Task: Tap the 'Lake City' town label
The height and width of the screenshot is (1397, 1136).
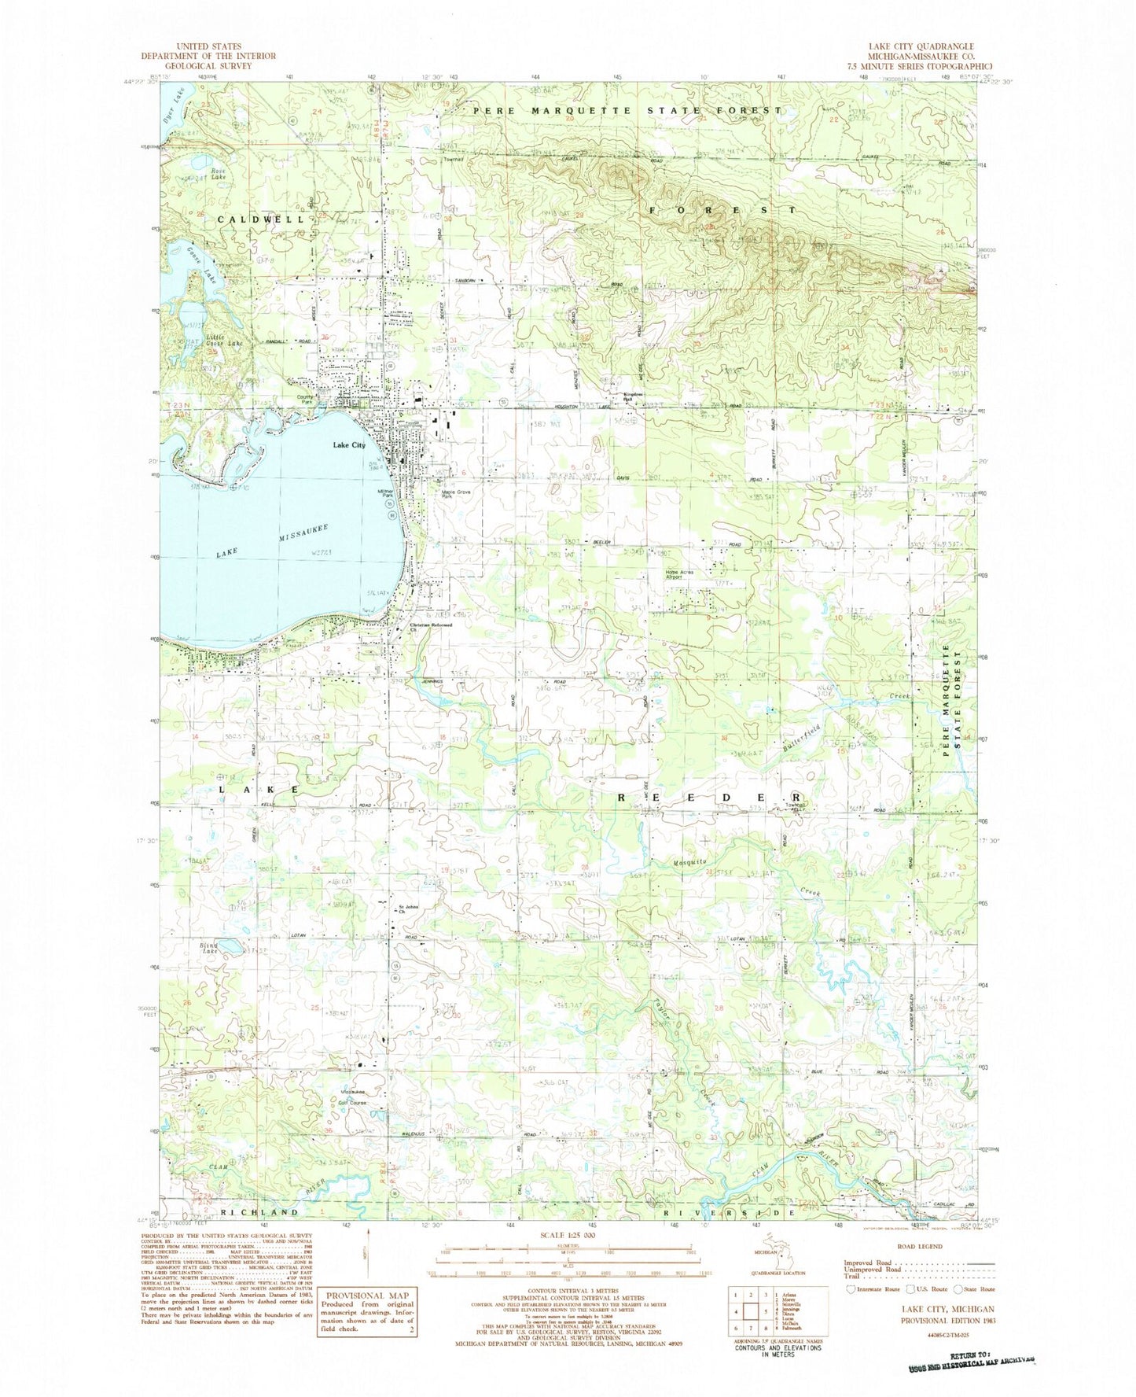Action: (x=348, y=445)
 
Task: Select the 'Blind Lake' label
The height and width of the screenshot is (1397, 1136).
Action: (x=208, y=948)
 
